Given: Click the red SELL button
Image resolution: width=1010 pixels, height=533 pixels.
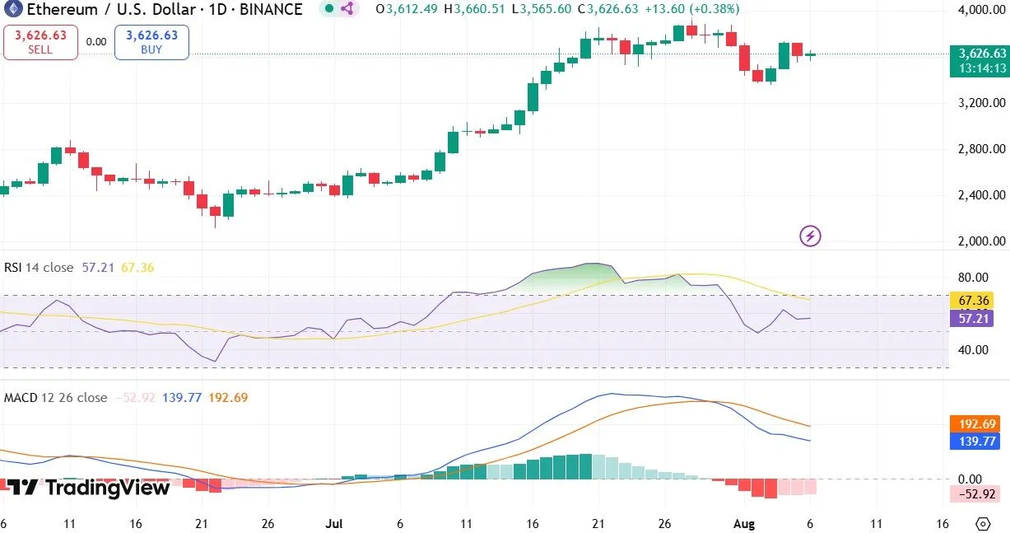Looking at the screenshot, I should (40, 42).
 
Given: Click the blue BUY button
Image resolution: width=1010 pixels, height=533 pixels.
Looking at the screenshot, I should (151, 42).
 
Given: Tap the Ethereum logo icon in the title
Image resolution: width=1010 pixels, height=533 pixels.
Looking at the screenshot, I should (12, 10).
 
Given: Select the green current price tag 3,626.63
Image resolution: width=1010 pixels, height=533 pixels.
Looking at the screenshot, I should (978, 54).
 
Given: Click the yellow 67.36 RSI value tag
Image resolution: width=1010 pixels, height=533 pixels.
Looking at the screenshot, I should (971, 301).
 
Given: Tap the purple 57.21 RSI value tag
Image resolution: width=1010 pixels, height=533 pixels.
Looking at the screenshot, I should (971, 318).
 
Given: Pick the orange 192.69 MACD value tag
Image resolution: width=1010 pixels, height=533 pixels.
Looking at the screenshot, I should (977, 424).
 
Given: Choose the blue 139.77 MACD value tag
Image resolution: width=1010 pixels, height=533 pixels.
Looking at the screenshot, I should (977, 442).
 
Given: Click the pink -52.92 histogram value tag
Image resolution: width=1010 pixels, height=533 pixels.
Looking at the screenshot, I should (977, 494).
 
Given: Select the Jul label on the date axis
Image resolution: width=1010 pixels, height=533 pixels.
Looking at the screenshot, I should (334, 523).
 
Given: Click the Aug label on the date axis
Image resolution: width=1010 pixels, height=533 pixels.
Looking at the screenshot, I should (744, 523).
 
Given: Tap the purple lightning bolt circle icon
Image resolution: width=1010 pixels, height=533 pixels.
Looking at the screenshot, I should (810, 236).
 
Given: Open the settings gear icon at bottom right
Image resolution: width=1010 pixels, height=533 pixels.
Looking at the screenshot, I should (982, 524).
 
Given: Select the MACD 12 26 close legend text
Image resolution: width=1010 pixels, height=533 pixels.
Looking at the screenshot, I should (54, 398).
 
